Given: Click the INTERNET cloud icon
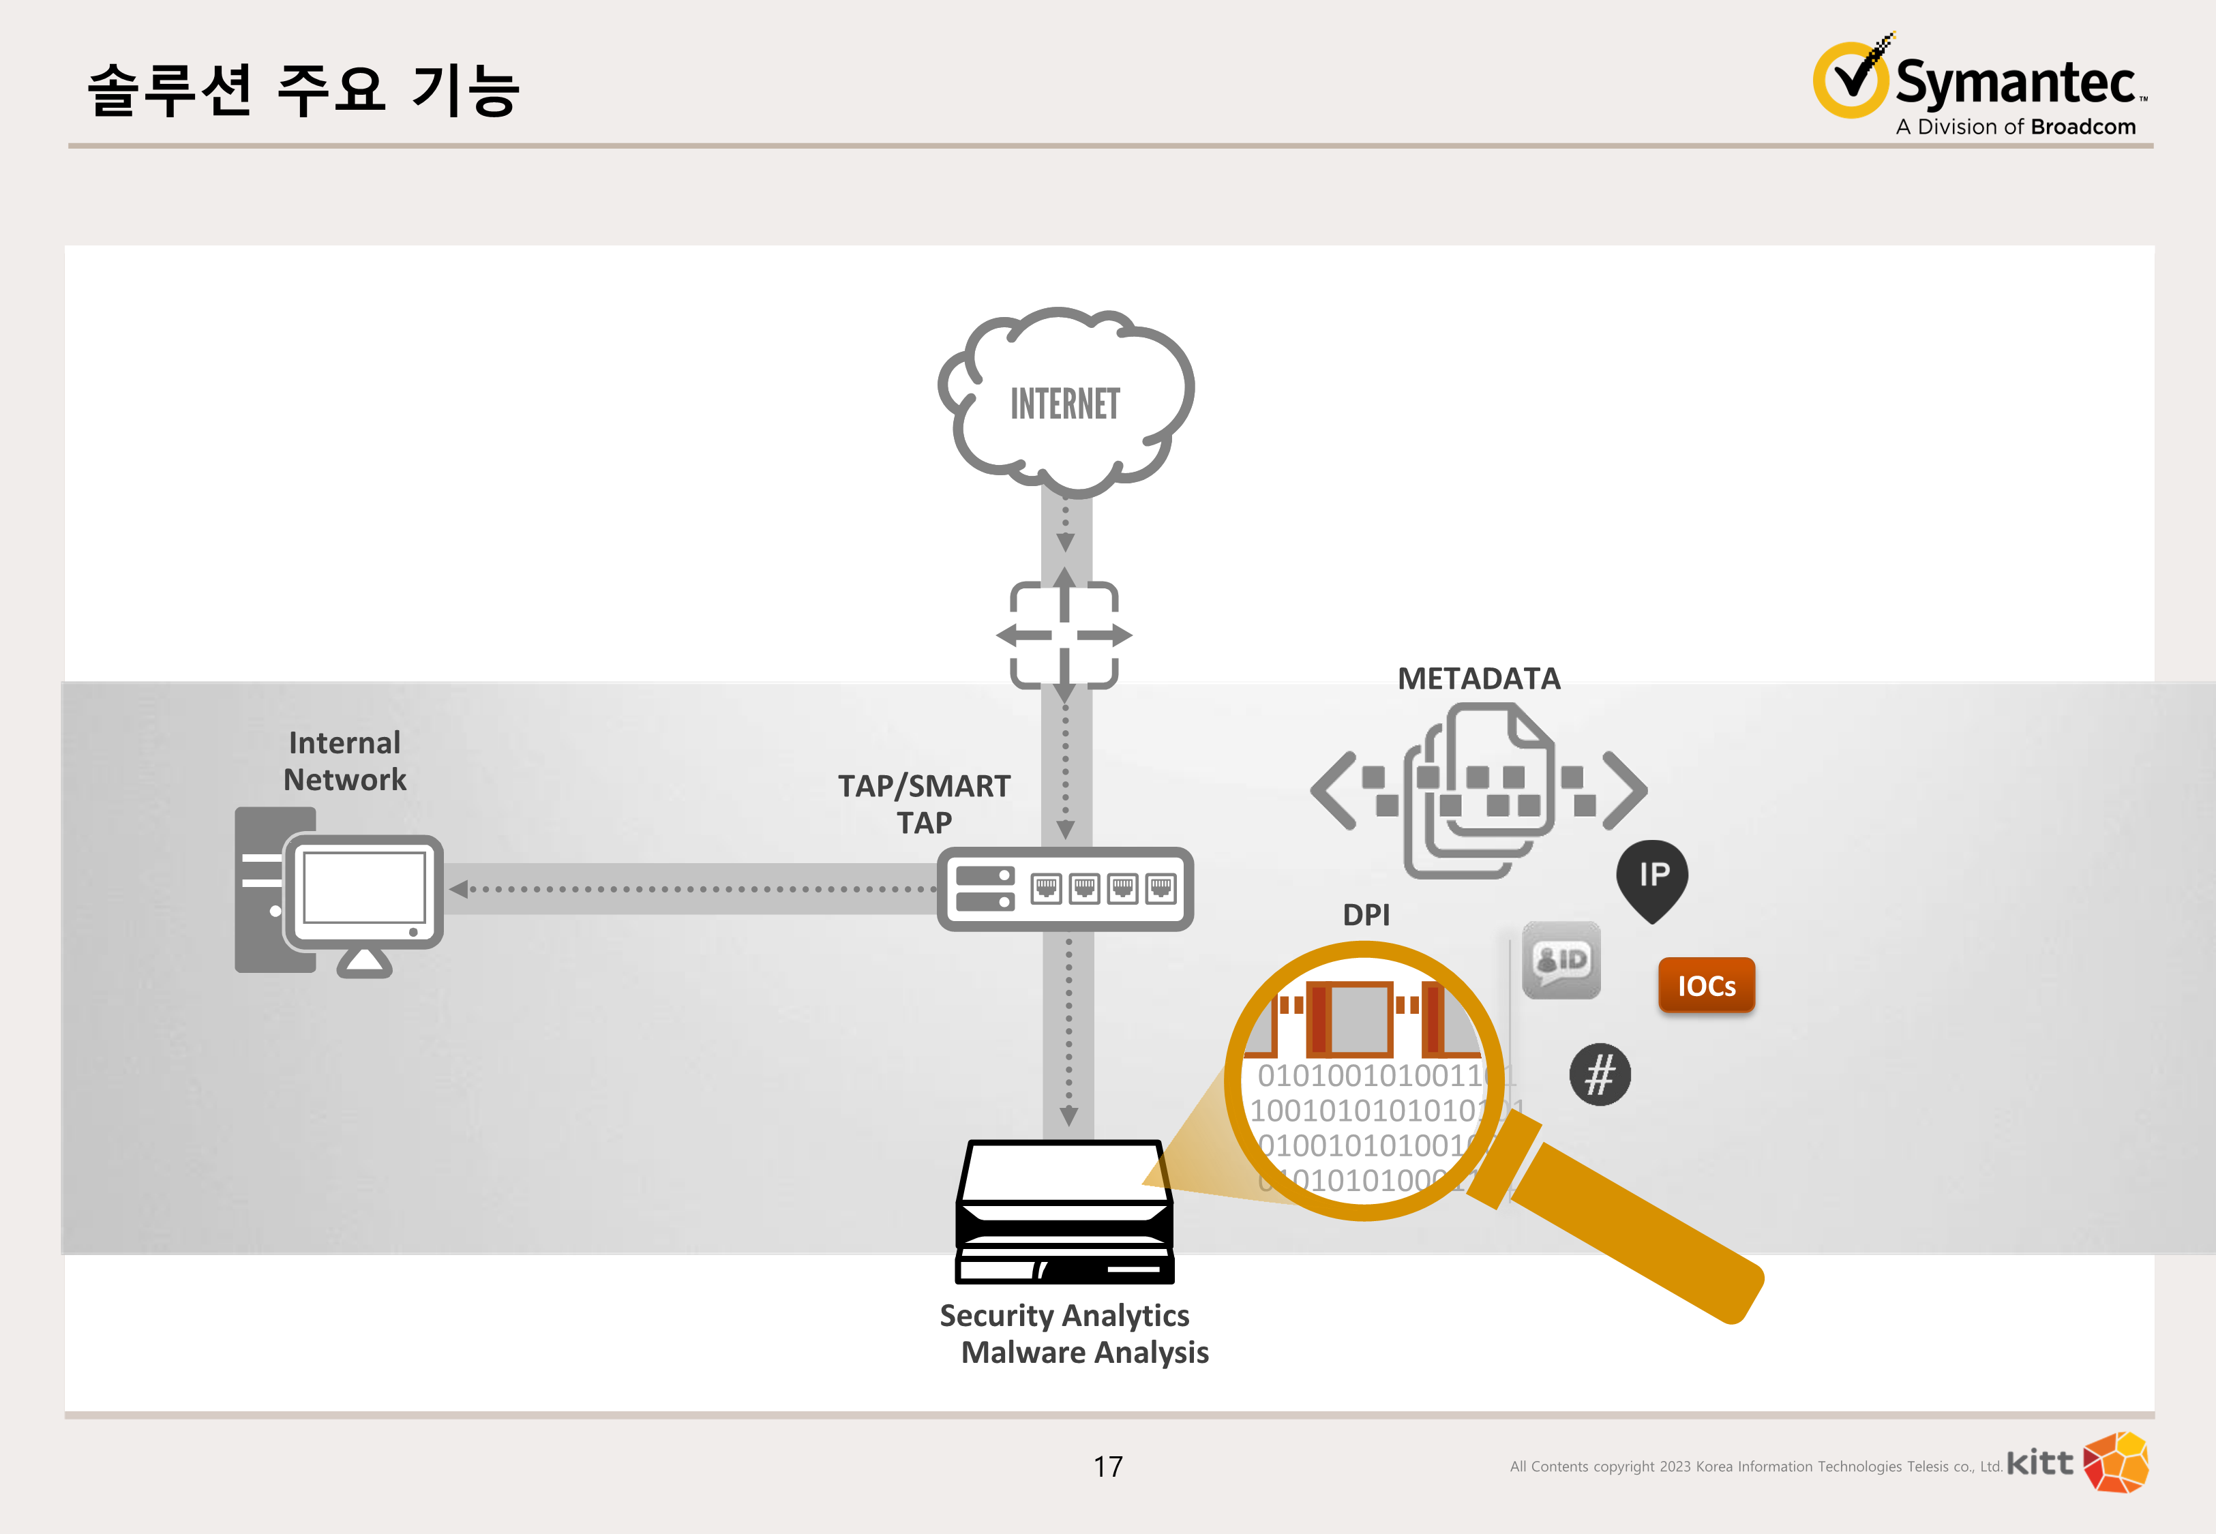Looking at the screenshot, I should point(1066,401).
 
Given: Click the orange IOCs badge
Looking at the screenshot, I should point(1706,985).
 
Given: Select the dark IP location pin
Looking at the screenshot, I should point(1652,877).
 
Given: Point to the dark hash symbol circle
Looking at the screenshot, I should point(1599,1074).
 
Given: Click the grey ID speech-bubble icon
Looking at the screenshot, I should point(1561,960).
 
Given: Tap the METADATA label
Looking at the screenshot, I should point(1478,678).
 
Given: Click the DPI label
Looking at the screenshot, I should point(1366,915).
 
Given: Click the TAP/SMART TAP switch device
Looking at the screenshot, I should point(1065,889).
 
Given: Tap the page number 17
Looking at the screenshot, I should point(1108,1467).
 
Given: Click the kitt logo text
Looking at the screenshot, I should point(2039,1463).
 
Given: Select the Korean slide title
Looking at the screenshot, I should point(303,91).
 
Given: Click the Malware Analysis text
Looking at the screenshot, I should point(1084,1353).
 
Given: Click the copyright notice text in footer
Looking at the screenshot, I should point(1755,1467).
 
